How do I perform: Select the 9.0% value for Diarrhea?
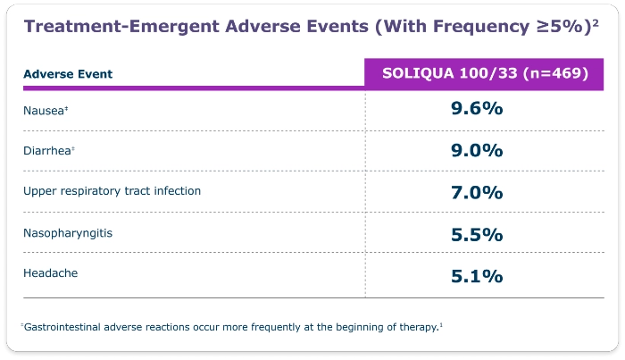[x=477, y=150]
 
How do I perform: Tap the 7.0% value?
[x=477, y=192]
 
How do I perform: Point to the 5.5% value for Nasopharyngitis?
[x=477, y=234]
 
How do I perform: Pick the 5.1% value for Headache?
[x=477, y=275]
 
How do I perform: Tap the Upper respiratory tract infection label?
[x=112, y=191]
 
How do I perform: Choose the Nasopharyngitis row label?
[x=68, y=233]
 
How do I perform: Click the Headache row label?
[x=50, y=273]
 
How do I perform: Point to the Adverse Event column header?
[x=68, y=73]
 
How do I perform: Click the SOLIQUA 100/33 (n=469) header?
[x=485, y=73]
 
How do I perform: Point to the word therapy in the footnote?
[x=416, y=327]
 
